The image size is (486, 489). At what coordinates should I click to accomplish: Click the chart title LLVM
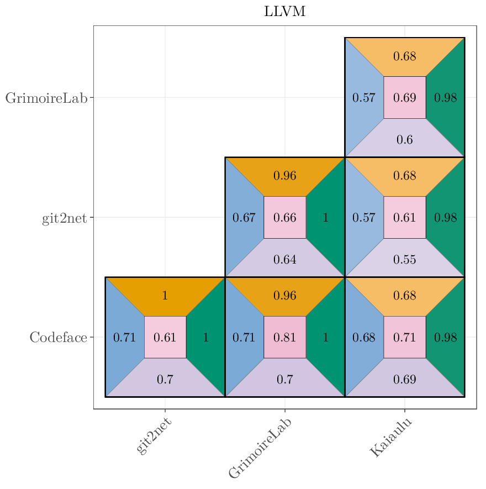tap(284, 12)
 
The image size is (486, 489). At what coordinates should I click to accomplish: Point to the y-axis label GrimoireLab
tap(46, 98)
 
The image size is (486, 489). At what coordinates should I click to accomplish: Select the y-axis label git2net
tap(64, 218)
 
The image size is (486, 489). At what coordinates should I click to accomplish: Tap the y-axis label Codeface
tap(58, 337)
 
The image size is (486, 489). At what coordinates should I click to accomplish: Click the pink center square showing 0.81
tap(285, 337)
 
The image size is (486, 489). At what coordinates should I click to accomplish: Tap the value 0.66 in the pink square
tap(285, 217)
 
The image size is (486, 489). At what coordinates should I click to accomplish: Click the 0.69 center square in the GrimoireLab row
tap(405, 98)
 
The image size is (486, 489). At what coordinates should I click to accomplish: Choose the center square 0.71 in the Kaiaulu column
tap(405, 337)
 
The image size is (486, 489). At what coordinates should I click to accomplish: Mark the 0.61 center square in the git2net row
tap(405, 217)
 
